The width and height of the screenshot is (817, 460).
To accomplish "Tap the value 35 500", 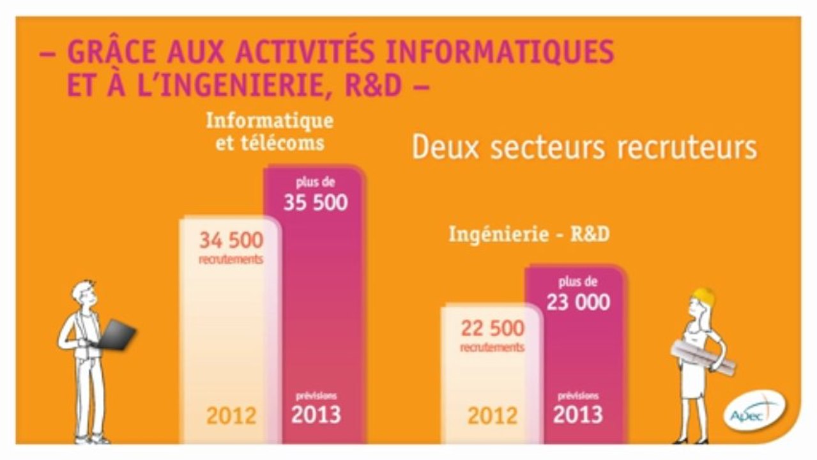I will pos(316,203).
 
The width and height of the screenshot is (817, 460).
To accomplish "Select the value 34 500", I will pos(231,241).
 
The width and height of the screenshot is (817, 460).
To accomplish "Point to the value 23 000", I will pos(577,302).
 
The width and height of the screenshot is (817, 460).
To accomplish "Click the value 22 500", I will pos(492,328).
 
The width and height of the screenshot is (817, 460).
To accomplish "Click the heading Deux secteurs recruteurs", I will pos(584,148).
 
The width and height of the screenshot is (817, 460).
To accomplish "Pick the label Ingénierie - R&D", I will pos(529,234).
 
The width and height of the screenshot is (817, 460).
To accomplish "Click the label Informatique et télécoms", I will pos(270,131).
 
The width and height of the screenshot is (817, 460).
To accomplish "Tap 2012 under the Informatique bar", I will pos(231,416).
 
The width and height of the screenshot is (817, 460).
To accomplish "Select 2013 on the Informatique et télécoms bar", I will pos(316,415).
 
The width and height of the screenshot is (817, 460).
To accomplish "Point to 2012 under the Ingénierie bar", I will pos(492,416).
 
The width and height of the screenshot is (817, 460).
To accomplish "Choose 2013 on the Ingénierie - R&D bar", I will pos(577,415).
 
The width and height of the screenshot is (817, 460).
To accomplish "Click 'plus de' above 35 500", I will pos(316,183).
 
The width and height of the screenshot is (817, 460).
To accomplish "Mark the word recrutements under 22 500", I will pos(492,348).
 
